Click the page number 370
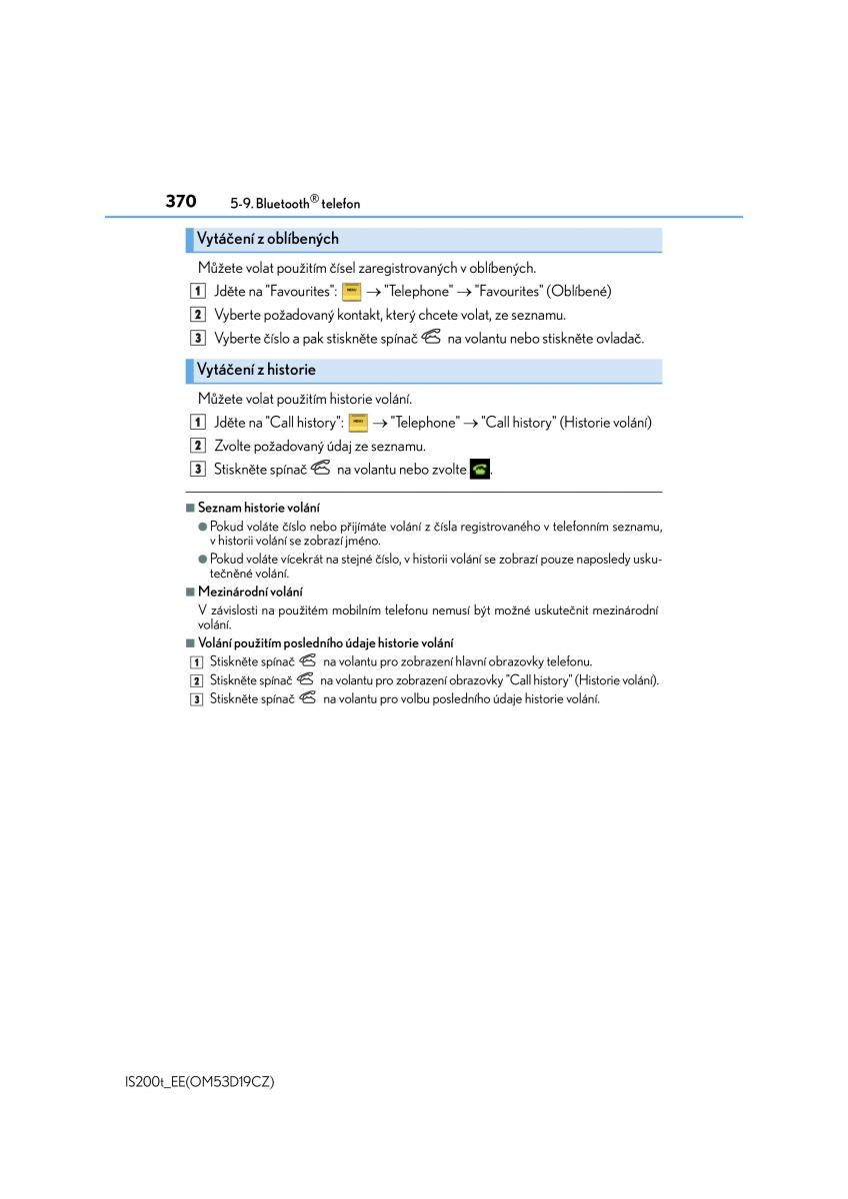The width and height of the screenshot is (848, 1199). point(180,201)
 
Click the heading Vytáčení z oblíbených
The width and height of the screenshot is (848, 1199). point(267,239)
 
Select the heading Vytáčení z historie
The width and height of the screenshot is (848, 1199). point(255,370)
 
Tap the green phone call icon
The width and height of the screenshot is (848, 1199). point(480,469)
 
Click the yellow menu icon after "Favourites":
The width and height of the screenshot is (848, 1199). point(351,292)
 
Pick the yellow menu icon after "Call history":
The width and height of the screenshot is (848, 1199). point(358,423)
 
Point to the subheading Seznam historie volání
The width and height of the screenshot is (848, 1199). point(258,509)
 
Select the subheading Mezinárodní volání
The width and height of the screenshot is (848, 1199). point(249,592)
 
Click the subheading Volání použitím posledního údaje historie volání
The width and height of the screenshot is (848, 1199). point(325,643)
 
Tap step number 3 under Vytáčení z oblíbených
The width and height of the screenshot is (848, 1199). point(198,339)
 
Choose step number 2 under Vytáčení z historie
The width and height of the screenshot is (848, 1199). point(198,446)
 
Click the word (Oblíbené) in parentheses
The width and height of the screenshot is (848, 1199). point(580,292)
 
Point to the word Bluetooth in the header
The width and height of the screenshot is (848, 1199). point(282,204)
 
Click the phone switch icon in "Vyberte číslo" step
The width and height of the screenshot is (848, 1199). point(431,338)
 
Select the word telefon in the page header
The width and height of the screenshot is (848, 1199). point(341,204)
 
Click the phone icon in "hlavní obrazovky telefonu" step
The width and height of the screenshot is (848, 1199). point(307,660)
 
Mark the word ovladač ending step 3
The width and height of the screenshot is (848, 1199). point(619,339)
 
